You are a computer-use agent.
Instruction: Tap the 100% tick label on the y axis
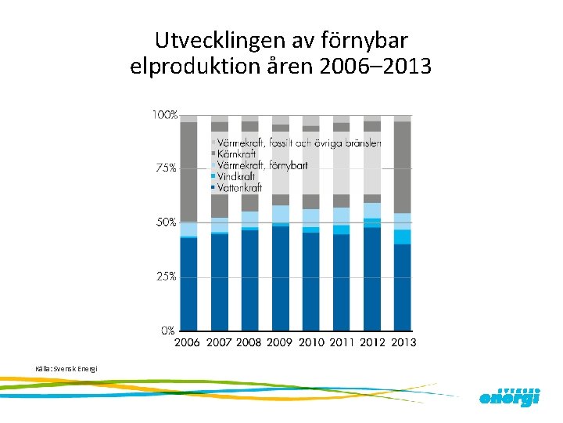164,115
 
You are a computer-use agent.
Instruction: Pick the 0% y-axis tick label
168,331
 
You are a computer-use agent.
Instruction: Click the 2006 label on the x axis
188,342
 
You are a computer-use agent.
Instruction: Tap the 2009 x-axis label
280,342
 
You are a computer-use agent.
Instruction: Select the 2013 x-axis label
403,342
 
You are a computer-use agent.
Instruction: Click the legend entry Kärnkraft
239,154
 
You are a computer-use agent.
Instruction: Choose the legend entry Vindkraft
239,177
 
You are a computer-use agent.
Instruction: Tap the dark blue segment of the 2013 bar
403,287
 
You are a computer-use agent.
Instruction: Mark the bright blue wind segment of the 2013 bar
403,237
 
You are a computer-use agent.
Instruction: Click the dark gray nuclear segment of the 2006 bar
188,172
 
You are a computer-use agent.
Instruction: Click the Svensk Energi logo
509,396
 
